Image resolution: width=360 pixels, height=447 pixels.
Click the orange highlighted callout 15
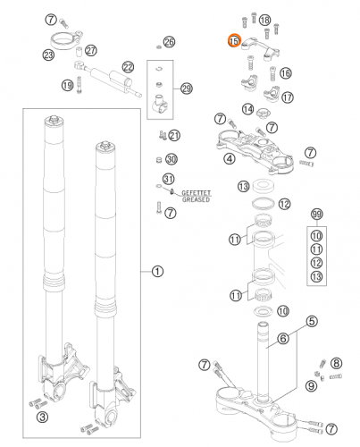pyautogui.click(x=234, y=41)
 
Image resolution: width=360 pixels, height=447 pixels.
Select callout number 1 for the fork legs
pyautogui.click(x=158, y=272)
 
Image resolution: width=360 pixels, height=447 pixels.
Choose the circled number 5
pyautogui.click(x=312, y=321)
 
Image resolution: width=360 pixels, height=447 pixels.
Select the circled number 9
pyautogui.click(x=311, y=385)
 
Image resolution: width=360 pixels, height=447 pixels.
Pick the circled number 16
pyautogui.click(x=285, y=73)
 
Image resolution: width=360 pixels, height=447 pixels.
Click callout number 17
pyautogui.click(x=288, y=96)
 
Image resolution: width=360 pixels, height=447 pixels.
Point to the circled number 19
pyautogui.click(x=67, y=85)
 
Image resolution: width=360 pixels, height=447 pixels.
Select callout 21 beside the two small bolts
pyautogui.click(x=174, y=136)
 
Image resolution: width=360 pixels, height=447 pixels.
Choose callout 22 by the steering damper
pyautogui.click(x=128, y=67)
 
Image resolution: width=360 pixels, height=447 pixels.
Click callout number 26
pyautogui.click(x=170, y=42)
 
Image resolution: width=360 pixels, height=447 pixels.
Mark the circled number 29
pyautogui.click(x=186, y=89)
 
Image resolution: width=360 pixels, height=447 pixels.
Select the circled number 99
pyautogui.click(x=315, y=215)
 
